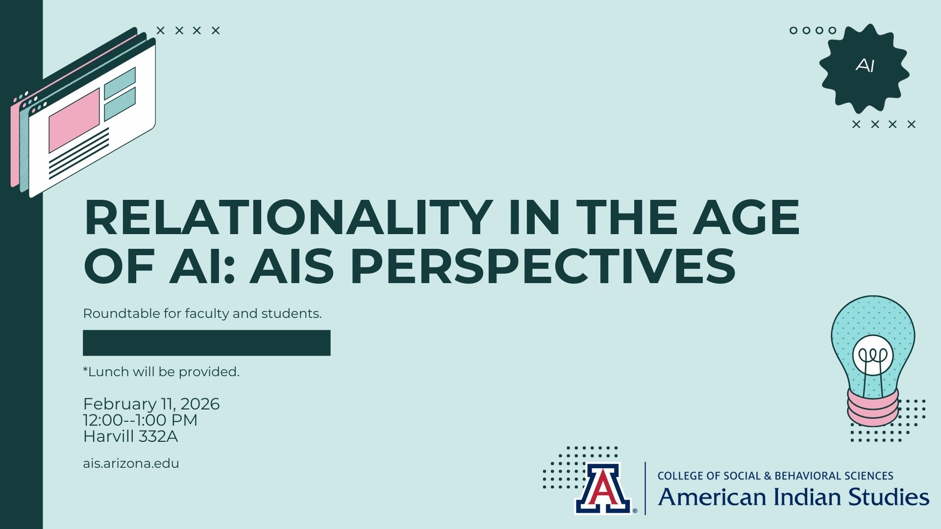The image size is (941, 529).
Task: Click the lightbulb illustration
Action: pos(873,361)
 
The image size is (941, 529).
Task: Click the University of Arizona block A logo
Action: pos(603,488)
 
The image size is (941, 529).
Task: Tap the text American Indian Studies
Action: pos(793,497)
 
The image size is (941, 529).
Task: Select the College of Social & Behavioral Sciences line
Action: pos(775,476)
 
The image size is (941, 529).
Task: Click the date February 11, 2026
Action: pos(151,404)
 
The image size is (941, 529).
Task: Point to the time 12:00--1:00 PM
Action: pos(140,420)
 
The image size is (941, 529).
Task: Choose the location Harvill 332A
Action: pos(130,436)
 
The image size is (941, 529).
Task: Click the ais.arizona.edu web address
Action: pos(131,463)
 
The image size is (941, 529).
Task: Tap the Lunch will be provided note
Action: pos(161,372)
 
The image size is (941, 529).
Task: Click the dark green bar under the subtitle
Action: pos(206,343)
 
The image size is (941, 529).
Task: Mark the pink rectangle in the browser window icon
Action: pos(74,120)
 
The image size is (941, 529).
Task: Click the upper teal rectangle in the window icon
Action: pos(120,83)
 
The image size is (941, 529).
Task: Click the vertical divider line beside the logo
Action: pos(645,488)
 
